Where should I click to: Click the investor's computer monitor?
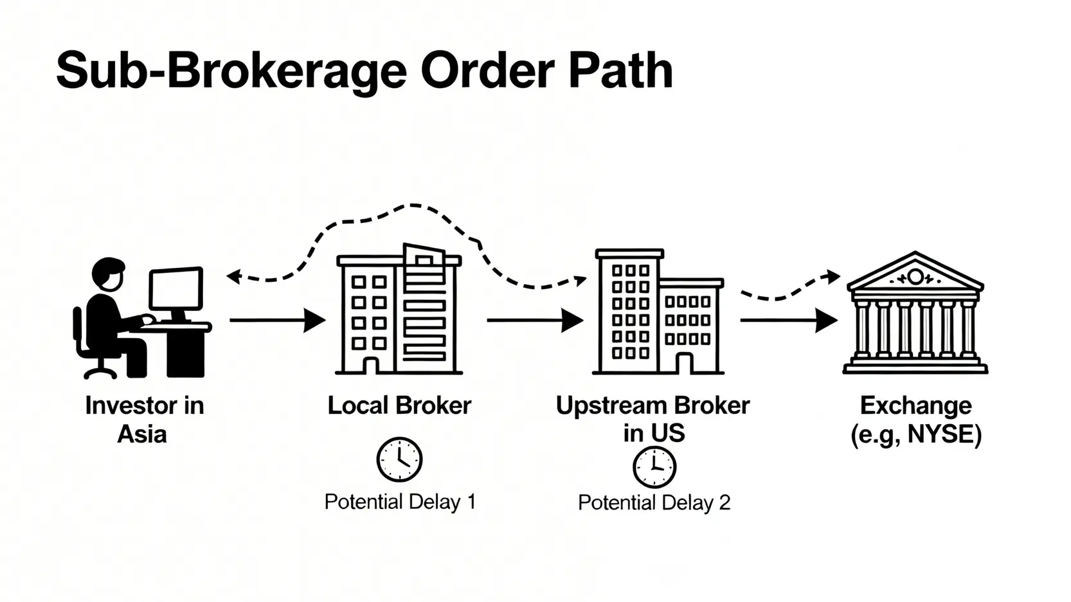(175, 289)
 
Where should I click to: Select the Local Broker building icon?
(399, 311)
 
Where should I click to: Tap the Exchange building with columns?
(915, 315)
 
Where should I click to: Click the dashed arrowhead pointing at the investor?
(233, 277)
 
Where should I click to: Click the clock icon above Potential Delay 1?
(399, 459)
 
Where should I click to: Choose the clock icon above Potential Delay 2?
(654, 467)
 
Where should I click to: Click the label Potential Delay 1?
(400, 502)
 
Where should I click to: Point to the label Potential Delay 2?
(654, 502)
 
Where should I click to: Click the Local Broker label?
(399, 405)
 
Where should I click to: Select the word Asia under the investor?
(142, 434)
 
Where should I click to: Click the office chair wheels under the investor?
(100, 372)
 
